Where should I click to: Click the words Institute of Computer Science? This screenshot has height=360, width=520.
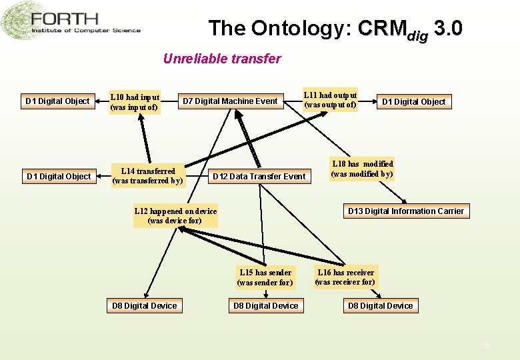[86, 31]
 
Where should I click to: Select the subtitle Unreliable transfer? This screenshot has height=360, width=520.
[222, 59]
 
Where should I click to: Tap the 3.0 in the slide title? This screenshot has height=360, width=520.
[447, 29]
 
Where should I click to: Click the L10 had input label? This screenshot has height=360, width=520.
[135, 101]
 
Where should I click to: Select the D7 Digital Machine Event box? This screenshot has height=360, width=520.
[230, 101]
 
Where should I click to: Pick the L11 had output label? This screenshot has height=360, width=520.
[330, 99]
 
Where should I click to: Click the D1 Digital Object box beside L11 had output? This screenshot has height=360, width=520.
[413, 102]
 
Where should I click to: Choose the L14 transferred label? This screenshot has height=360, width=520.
[147, 176]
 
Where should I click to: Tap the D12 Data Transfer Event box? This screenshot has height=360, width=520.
[259, 177]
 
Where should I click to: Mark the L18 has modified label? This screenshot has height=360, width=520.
[362, 169]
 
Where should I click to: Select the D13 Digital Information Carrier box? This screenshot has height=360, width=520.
[405, 211]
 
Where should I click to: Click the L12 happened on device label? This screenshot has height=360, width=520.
[175, 216]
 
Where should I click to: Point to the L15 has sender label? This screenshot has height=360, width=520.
[265, 277]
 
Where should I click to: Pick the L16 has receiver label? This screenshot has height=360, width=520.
[345, 277]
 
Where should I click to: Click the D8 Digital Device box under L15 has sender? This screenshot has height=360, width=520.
[265, 306]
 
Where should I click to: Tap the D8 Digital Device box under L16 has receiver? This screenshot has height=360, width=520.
[380, 306]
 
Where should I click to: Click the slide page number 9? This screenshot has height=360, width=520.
[486, 345]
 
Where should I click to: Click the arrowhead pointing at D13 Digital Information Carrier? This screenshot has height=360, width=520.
[405, 201]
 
